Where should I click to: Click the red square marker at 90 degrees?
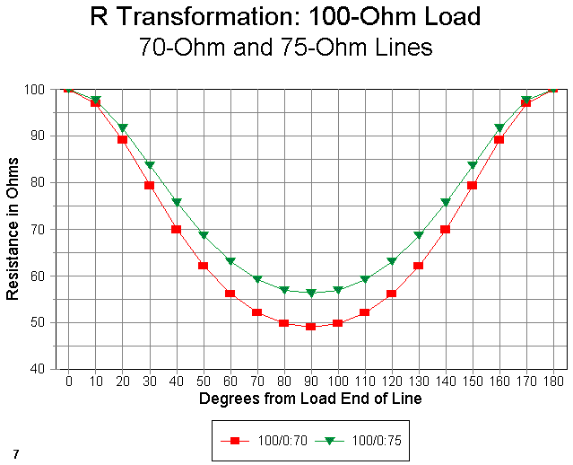pyautogui.click(x=311, y=327)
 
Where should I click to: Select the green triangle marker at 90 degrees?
pyautogui.click(x=311, y=293)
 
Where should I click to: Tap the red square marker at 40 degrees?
pyautogui.click(x=177, y=229)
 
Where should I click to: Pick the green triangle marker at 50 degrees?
pyautogui.click(x=204, y=235)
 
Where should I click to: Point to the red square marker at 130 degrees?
pyautogui.click(x=419, y=266)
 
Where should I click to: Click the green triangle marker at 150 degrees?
pyautogui.click(x=473, y=165)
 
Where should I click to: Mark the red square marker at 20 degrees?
pyautogui.click(x=123, y=140)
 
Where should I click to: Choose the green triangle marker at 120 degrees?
pyautogui.click(x=392, y=261)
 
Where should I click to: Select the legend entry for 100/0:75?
pyautogui.click(x=362, y=442)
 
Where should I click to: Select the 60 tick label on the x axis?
pyautogui.click(x=230, y=382)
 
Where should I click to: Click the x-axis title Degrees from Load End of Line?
pyautogui.click(x=310, y=398)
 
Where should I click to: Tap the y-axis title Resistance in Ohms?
pyautogui.click(x=13, y=230)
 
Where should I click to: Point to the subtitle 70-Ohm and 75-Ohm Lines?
pyautogui.click(x=286, y=47)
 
